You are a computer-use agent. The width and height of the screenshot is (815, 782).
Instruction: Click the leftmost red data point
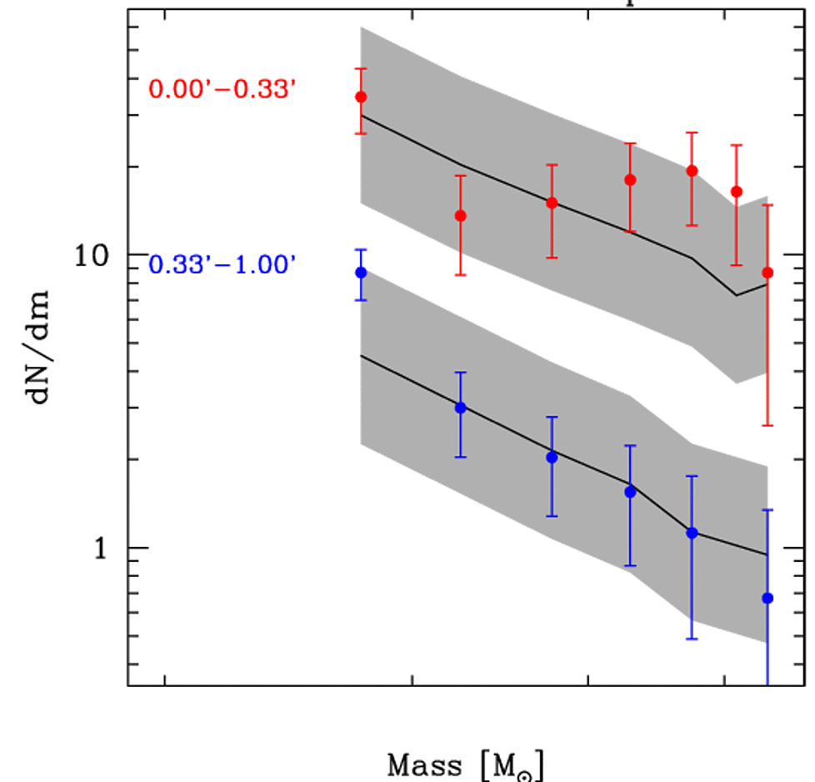[x=361, y=97]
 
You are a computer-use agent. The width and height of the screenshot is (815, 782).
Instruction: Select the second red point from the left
[x=460, y=216]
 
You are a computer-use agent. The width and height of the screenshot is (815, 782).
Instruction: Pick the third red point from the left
[x=552, y=203]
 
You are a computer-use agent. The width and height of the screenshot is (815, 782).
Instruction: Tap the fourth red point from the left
[x=631, y=179]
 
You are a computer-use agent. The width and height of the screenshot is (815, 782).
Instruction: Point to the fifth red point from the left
[x=692, y=171]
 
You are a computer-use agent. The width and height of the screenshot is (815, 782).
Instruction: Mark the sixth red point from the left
[x=737, y=192]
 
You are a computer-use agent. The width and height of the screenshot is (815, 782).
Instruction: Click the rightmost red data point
[x=767, y=273]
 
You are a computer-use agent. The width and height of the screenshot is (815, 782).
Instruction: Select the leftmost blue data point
[x=361, y=273]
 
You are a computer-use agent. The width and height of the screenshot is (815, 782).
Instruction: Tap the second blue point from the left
[x=460, y=408]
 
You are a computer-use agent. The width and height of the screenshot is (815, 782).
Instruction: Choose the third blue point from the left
[x=552, y=457]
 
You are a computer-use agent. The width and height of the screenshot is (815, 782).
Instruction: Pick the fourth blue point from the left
[x=631, y=492]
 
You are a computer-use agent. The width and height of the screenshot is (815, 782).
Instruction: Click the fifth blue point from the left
[x=692, y=533]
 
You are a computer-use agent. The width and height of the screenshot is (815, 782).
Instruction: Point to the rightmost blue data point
[x=767, y=598]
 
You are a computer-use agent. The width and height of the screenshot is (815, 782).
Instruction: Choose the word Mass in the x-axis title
[x=423, y=764]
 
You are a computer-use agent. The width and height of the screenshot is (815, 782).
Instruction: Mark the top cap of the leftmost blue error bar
[x=361, y=249]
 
